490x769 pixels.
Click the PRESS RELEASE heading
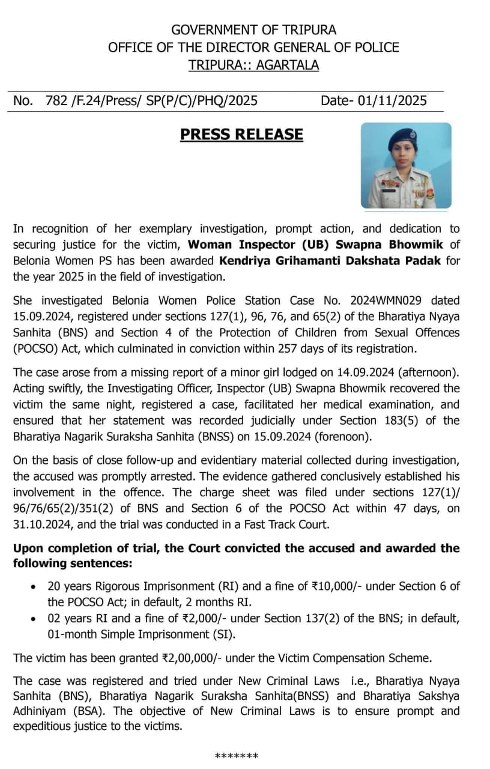241,135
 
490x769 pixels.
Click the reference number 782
56,101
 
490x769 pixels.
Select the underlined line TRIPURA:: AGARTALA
253,65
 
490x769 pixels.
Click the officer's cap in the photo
400,139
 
